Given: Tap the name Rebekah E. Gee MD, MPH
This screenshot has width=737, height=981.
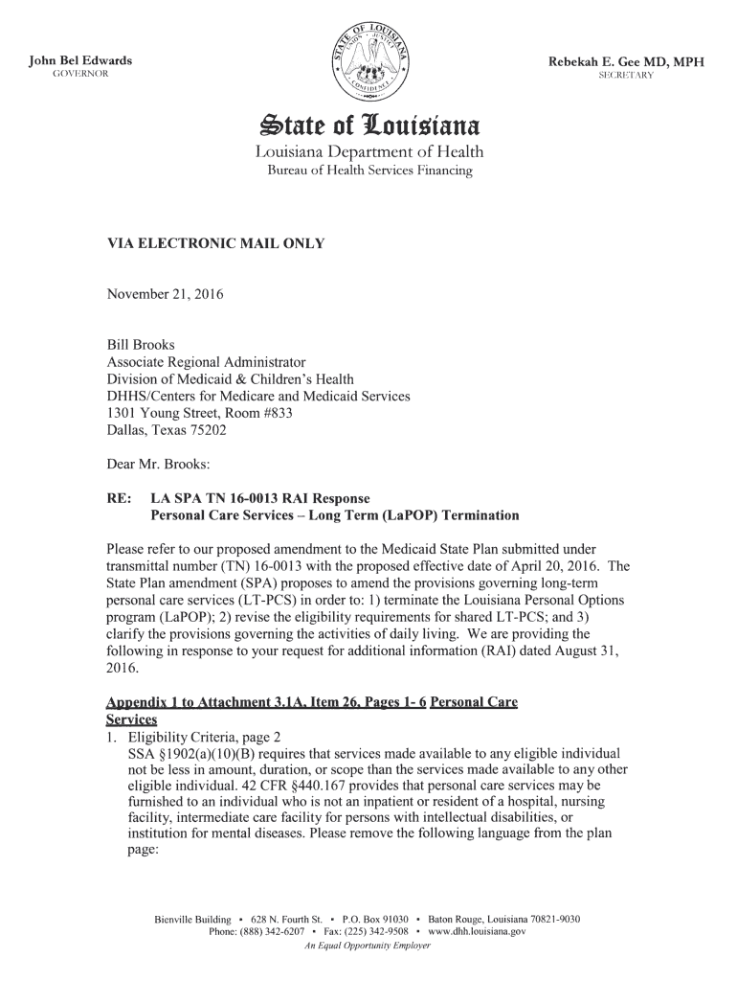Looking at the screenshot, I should (x=626, y=62).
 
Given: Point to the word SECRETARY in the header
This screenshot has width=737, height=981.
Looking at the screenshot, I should (x=626, y=76).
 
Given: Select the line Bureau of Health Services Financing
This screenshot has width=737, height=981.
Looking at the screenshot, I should (x=368, y=171).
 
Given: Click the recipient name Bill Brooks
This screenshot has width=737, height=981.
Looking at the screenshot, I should (x=140, y=343).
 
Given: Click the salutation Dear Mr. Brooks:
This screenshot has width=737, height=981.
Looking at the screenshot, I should (x=157, y=464).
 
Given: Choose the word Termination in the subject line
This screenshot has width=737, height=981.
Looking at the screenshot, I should (x=474, y=515).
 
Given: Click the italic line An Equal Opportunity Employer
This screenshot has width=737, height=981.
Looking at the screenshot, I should (x=368, y=946).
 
